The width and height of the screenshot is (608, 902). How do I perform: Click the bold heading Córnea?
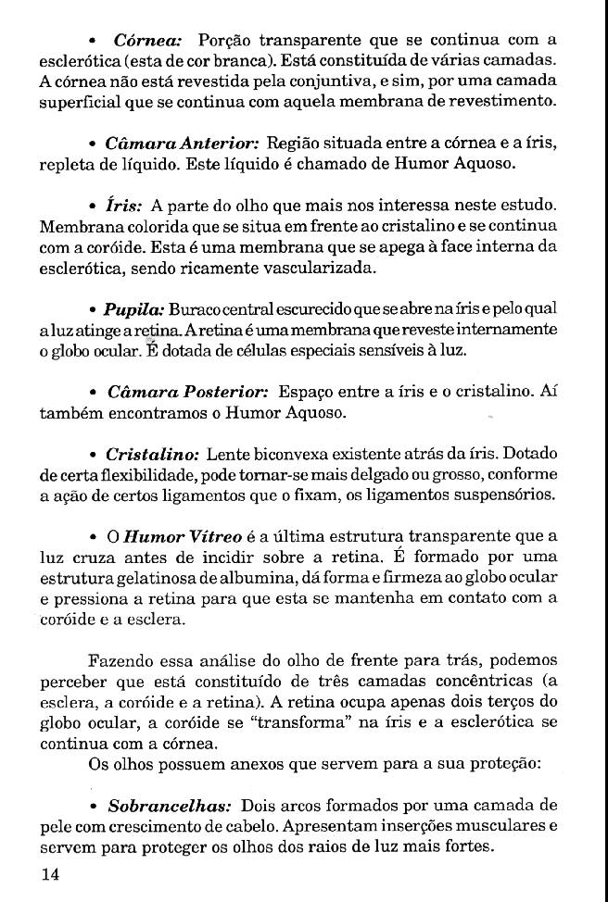click(x=147, y=40)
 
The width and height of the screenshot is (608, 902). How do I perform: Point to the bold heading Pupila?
click(x=133, y=307)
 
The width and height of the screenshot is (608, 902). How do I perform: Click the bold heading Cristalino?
click(x=152, y=455)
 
